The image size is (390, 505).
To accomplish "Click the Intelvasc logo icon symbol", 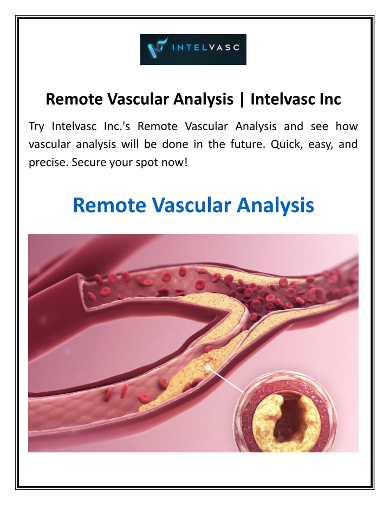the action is tap(157, 48).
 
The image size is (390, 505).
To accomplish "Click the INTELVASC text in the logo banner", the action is tap(206, 48).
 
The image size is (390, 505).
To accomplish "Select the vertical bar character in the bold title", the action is tap(242, 99).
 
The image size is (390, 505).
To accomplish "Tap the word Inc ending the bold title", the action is tap(327, 99).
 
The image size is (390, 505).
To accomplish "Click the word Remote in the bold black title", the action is tap(74, 99).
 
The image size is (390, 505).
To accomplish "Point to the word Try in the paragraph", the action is tap(36, 126).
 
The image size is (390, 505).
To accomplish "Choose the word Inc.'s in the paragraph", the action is tap(117, 126).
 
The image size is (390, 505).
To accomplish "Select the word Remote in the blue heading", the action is tap(109, 205).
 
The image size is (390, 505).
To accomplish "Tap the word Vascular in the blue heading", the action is tap(192, 205).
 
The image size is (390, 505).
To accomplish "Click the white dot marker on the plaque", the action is tap(208, 367).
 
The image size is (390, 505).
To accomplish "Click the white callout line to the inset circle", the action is tap(226, 380).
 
